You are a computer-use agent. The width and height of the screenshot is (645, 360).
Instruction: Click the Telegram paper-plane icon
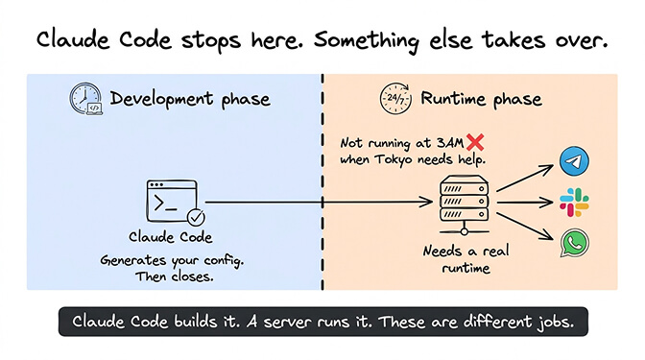click(574, 160)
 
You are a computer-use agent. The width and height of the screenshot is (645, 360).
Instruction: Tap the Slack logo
click(574, 203)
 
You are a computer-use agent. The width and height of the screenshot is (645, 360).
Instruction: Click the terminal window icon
click(171, 201)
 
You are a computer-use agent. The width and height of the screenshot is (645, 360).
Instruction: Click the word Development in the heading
click(156, 99)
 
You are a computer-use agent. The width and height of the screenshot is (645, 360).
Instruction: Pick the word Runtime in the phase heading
click(450, 99)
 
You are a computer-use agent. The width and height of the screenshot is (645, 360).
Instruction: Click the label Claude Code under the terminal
click(172, 237)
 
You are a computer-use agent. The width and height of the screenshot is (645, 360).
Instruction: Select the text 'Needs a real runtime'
click(457, 259)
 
